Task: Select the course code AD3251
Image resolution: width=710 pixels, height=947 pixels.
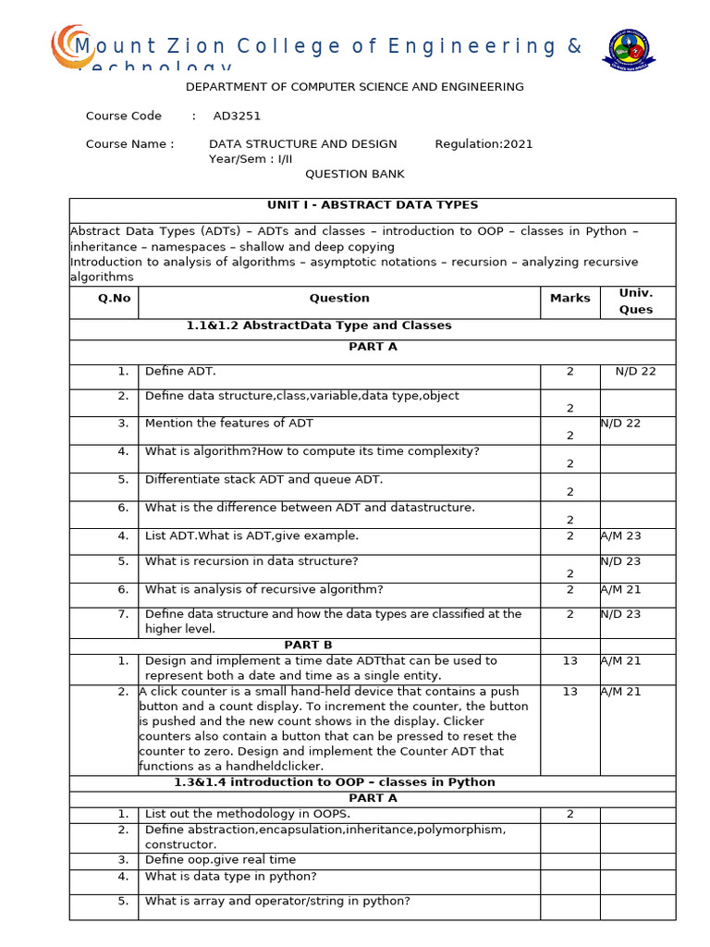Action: click(x=237, y=116)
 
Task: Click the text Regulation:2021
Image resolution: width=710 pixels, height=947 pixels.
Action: click(x=484, y=143)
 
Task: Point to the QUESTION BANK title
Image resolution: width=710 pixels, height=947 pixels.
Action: click(x=354, y=174)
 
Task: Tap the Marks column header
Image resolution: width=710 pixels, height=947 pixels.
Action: click(x=569, y=298)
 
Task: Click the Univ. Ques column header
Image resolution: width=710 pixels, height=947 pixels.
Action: click(x=636, y=301)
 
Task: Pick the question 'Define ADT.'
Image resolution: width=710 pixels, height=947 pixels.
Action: click(x=180, y=371)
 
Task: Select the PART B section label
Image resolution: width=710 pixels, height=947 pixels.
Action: click(x=308, y=645)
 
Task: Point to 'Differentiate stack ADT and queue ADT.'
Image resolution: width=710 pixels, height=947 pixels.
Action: click(x=263, y=479)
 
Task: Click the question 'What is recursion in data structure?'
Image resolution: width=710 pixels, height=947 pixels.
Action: click(x=251, y=560)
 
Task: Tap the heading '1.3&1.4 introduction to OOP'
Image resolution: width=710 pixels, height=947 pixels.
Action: click(x=335, y=781)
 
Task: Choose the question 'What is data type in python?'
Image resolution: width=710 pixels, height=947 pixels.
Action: click(x=230, y=876)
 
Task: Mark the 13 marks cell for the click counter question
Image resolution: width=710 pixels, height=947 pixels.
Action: click(x=569, y=691)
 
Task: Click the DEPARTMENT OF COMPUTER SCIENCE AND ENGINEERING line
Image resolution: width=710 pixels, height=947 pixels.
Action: click(x=354, y=87)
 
